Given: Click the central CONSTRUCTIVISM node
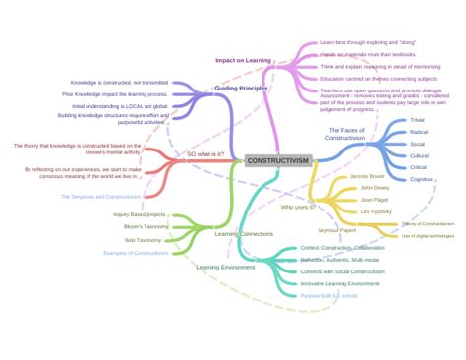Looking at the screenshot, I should [277, 160].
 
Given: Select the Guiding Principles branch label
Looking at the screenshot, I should [241, 89].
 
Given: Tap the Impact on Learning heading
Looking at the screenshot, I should [243, 60].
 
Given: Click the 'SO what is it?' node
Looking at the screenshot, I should [205, 154].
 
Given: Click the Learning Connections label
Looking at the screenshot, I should [244, 234].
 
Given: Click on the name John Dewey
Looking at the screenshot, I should [375, 187].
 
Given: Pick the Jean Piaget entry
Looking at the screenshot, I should [374, 199].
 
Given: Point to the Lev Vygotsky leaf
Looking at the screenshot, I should [377, 211].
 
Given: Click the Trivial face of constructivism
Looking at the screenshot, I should [419, 120].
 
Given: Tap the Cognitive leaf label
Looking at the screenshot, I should [420, 179].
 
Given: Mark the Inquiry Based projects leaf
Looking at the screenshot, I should [140, 213].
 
